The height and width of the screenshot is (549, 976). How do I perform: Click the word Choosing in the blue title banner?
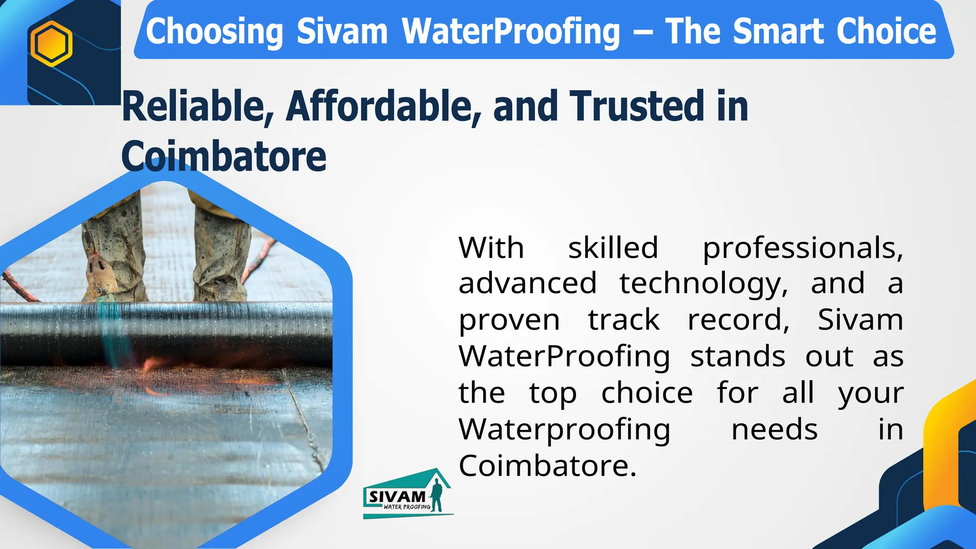pyautogui.click(x=214, y=31)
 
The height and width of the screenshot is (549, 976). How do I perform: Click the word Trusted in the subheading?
pyautogui.click(x=638, y=106)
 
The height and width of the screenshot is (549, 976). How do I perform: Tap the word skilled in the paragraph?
pyautogui.click(x=613, y=248)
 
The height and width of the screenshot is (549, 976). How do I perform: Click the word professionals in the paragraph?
pyautogui.click(x=803, y=249)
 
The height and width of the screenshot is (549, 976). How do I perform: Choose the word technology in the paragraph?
pyautogui.click(x=703, y=284)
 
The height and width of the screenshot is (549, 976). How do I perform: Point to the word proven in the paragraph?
pyautogui.click(x=509, y=320)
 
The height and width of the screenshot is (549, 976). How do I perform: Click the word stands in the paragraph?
pyautogui.click(x=738, y=356)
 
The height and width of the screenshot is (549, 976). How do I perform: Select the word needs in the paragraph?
pyautogui.click(x=774, y=429)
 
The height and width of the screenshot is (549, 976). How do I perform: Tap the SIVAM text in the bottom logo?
pyautogui.click(x=396, y=497)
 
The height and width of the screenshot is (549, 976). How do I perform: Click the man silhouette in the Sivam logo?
pyautogui.click(x=436, y=496)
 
